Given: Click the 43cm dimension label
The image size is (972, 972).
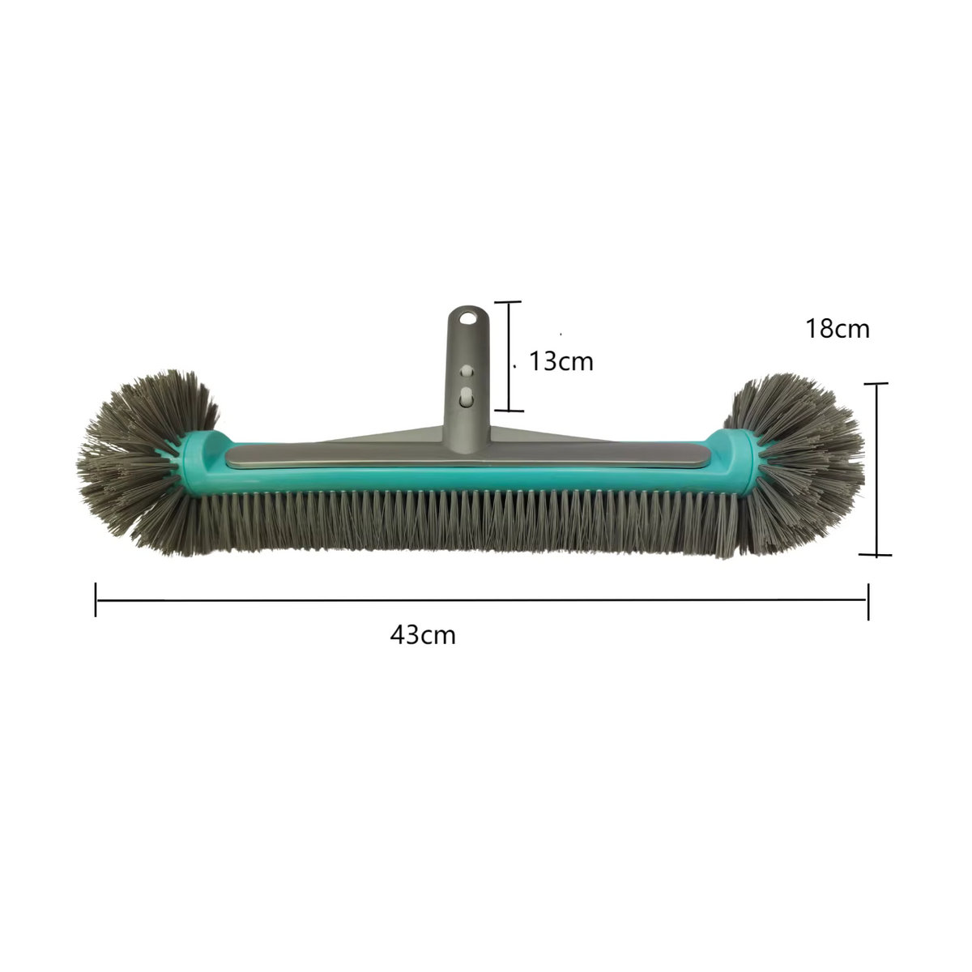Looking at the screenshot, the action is click(423, 635).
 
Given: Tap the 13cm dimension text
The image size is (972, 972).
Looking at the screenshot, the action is click(561, 361).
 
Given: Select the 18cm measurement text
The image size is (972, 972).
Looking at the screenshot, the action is click(838, 329).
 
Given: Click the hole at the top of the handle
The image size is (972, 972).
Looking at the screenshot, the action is click(468, 318).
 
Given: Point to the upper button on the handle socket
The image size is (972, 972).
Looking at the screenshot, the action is click(467, 371).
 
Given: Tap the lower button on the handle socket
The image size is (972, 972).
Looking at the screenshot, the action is click(467, 396).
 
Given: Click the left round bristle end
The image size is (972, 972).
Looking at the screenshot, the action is click(147, 462).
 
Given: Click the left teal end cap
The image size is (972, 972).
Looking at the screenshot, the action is click(204, 462).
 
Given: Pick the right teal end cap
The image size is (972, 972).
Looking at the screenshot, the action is click(731, 462).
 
